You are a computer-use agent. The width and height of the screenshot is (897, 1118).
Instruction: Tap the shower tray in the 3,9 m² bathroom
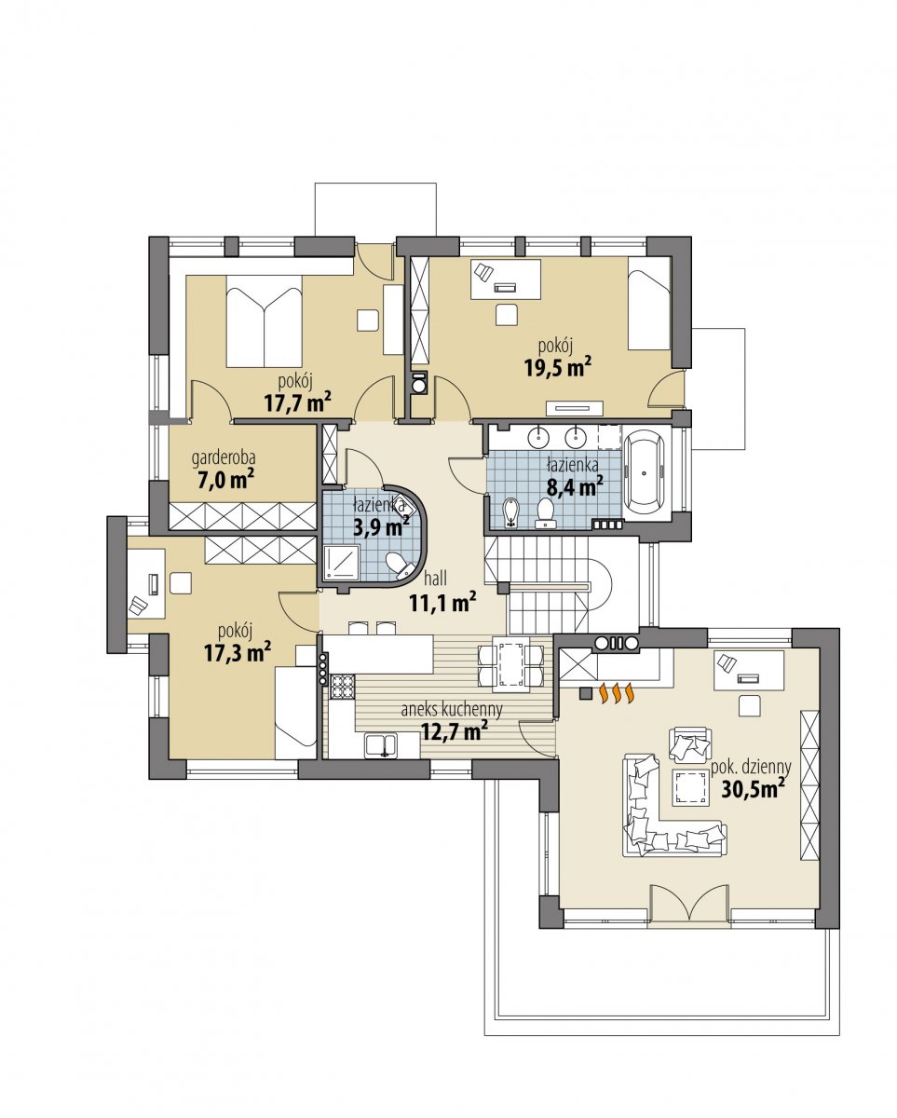click(x=342, y=563)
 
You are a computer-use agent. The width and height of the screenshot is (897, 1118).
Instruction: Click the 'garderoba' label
click(x=224, y=458)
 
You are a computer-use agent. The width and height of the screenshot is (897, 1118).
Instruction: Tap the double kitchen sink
click(x=382, y=745)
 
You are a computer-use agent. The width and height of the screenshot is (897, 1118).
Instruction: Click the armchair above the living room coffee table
click(x=690, y=745)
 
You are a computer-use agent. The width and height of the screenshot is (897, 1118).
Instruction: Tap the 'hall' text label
click(x=435, y=578)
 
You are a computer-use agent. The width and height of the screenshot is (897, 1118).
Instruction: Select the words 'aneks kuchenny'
click(x=452, y=710)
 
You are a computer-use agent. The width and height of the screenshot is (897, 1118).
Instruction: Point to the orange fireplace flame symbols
click(x=616, y=694)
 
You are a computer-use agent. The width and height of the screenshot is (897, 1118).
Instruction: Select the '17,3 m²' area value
click(x=238, y=652)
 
